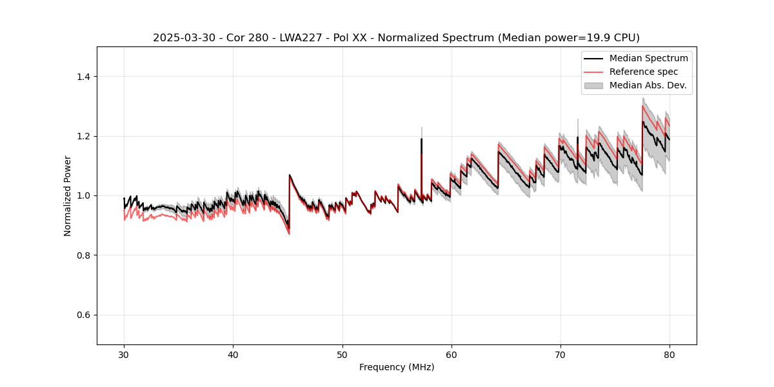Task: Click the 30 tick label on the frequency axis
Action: click(124, 355)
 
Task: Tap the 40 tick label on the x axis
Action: click(233, 355)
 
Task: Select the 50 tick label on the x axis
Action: click(342, 355)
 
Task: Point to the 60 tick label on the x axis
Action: click(451, 355)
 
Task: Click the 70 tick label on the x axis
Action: click(561, 355)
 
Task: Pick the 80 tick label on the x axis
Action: click(670, 355)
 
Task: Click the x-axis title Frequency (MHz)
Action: click(397, 368)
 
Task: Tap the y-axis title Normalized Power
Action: click(67, 195)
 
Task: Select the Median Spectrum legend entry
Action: click(648, 58)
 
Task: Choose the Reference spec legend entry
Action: click(643, 72)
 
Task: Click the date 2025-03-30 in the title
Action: click(181, 38)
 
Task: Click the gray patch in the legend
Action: click(593, 85)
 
